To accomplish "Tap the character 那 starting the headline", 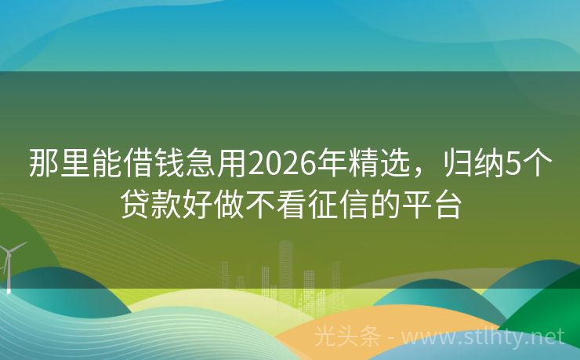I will [45, 165].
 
